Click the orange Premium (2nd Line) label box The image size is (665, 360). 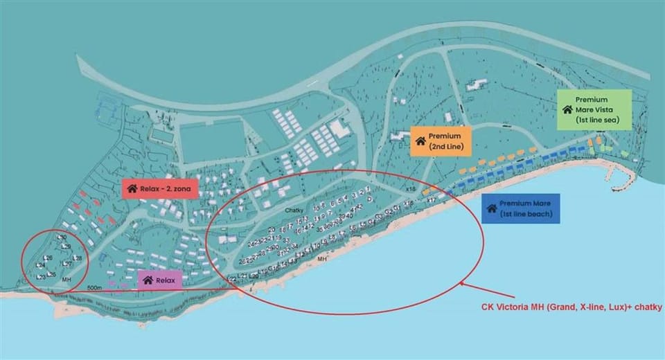pos(441,141)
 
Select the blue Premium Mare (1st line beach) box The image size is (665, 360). pos(520,208)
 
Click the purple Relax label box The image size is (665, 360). pos(160,280)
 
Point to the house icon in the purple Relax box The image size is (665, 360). pos(148,280)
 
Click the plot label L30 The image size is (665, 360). pos(62,237)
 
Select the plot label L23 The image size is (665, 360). pos(41,277)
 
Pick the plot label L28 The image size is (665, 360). pos(77,258)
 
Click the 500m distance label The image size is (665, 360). pos(95,287)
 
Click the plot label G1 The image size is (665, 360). pos(397,208)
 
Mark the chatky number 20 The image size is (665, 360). pos(272,229)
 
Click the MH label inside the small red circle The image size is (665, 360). pos(66,279)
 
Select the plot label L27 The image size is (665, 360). pos(66,263)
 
